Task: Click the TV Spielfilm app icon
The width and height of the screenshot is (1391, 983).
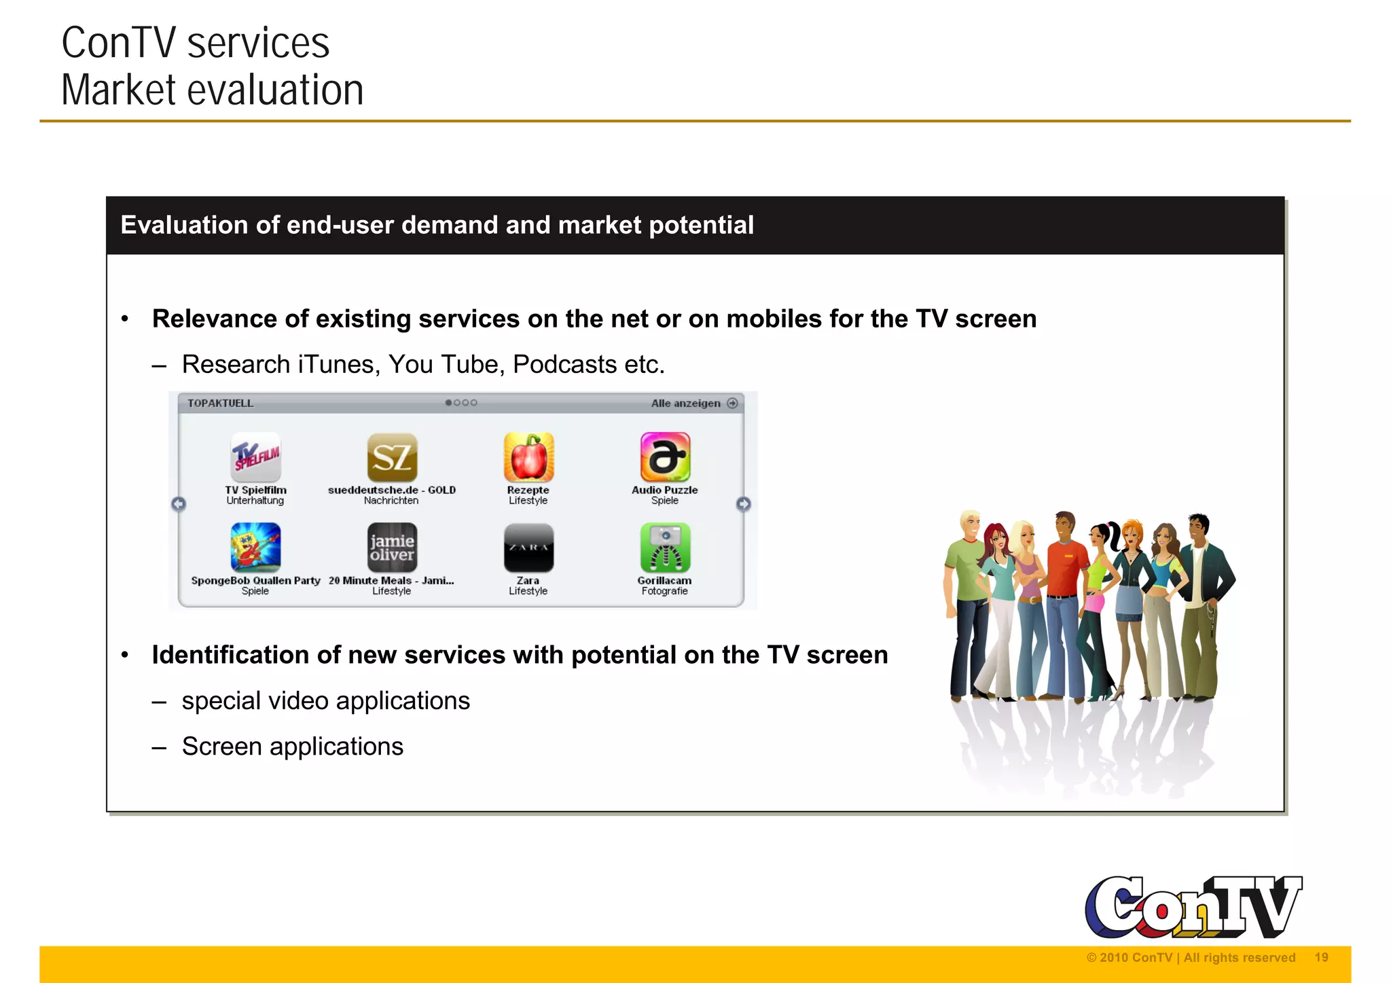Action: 255,457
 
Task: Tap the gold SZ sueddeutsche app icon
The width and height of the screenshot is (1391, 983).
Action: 392,457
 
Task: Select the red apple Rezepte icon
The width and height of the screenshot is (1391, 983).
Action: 528,457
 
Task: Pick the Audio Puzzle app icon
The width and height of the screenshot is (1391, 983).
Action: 665,457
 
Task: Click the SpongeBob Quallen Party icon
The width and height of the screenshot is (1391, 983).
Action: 255,548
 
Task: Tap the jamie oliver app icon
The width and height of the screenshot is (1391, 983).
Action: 392,548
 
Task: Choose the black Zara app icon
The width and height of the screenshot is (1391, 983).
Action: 528,548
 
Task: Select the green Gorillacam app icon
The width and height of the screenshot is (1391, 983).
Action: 665,548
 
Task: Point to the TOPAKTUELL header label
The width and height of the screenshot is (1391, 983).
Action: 220,404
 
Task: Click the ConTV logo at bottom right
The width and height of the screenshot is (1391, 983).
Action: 1193,907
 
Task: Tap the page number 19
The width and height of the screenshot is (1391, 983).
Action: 1321,958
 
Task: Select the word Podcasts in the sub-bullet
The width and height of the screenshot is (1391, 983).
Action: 564,365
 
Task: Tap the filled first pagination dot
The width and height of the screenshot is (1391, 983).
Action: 448,403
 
